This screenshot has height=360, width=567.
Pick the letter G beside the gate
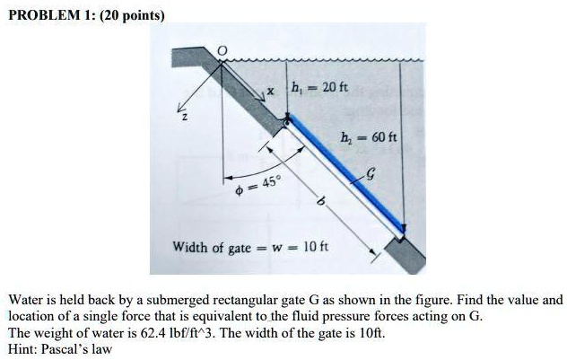(x=371, y=177)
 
